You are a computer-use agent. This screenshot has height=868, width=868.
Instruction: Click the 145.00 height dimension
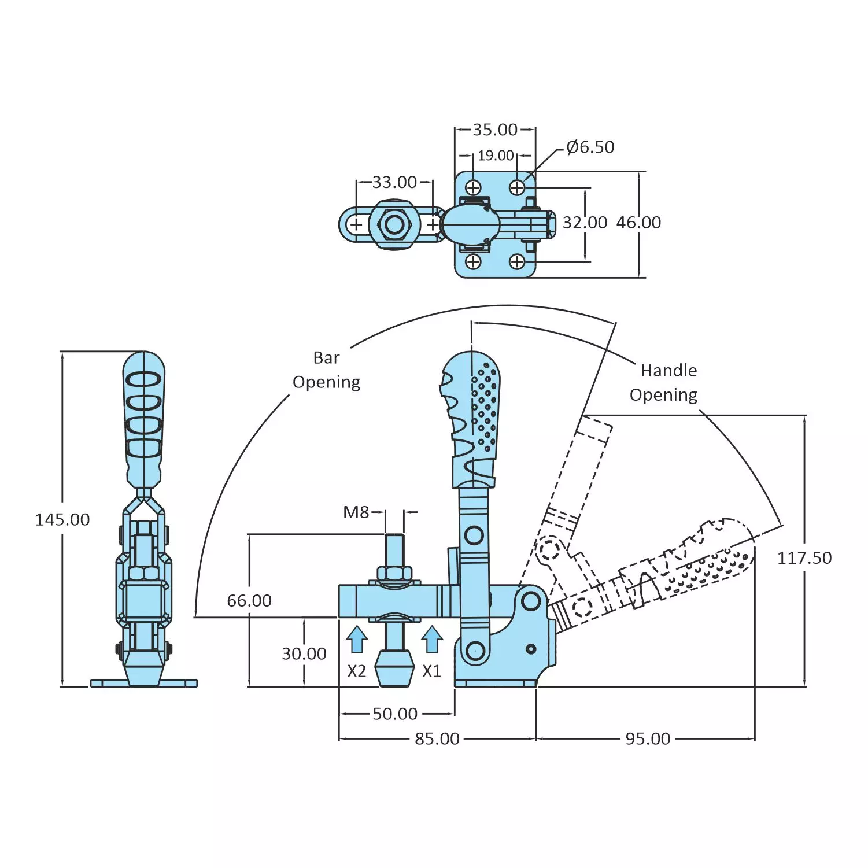tap(62, 519)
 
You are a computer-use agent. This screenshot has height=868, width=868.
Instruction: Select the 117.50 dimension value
tap(804, 558)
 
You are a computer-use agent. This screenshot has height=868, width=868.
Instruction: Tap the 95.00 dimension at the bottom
tap(648, 738)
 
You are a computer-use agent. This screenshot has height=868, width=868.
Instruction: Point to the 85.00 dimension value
tap(437, 738)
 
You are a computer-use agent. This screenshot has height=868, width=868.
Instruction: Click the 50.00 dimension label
tap(395, 714)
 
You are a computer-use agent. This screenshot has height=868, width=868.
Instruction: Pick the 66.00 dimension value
tap(249, 601)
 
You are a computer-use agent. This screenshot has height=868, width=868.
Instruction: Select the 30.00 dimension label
tap(304, 653)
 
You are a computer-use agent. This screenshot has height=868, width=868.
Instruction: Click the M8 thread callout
tap(356, 512)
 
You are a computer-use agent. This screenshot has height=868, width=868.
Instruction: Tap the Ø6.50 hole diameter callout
tap(590, 147)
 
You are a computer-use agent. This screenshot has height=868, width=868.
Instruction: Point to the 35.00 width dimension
tap(495, 130)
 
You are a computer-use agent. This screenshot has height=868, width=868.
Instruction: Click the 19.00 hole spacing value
tap(496, 156)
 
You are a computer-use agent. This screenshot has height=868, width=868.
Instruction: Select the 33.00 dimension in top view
tap(394, 182)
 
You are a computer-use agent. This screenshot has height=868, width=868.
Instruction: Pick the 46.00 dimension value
tap(638, 223)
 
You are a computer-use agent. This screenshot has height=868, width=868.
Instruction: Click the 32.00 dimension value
tap(585, 223)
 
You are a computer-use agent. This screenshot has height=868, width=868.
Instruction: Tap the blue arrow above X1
tap(432, 640)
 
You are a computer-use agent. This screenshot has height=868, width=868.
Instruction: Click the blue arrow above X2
tap(357, 640)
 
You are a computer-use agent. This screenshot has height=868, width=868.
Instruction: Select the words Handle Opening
tap(665, 382)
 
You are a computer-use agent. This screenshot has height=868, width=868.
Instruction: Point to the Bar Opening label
tap(326, 370)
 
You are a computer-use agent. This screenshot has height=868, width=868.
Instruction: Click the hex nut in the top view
tap(394, 224)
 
